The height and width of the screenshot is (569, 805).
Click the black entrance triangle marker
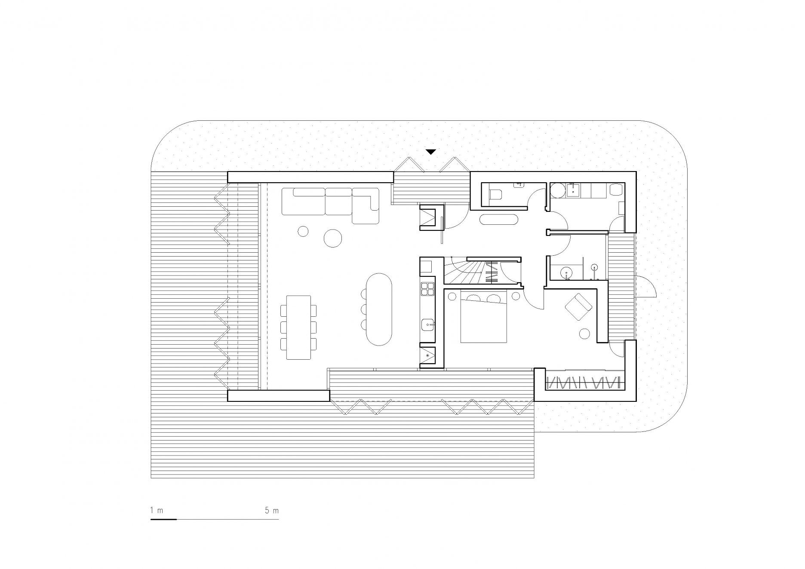[431, 152]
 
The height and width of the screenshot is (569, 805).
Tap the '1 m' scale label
[157, 511]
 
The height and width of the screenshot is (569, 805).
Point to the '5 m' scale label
[272, 511]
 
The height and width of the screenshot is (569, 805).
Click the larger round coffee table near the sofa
[332, 238]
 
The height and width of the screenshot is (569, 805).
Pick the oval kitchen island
[379, 309]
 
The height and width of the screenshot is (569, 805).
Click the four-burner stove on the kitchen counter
[428, 289]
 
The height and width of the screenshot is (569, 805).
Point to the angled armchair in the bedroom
[578, 306]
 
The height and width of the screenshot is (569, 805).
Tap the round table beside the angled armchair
[584, 333]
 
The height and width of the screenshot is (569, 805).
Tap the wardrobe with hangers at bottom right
[584, 382]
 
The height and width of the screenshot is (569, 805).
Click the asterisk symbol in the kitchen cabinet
[427, 356]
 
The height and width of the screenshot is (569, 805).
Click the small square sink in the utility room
[573, 190]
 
